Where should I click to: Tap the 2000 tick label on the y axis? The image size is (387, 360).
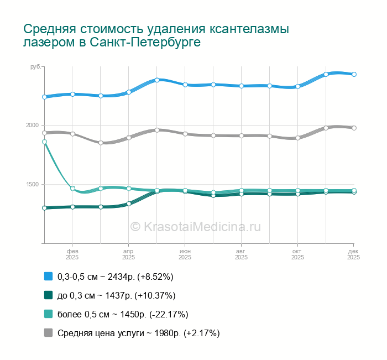(x=33, y=126)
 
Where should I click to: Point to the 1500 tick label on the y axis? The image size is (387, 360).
(x=33, y=184)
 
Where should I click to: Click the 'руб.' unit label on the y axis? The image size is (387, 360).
(x=35, y=67)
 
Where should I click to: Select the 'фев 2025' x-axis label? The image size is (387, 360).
(x=72, y=254)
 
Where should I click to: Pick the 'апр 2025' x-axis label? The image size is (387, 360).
(x=128, y=254)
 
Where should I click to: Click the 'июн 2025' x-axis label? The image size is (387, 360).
(x=185, y=254)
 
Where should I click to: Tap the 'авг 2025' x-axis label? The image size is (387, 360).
(x=241, y=254)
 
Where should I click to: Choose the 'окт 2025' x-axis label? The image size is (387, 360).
(x=297, y=254)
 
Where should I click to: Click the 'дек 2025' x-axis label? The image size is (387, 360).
(x=353, y=254)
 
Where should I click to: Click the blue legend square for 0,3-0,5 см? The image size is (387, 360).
(x=48, y=276)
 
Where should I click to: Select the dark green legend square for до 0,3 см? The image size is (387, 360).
(x=48, y=295)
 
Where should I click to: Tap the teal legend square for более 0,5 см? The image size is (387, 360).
(x=48, y=314)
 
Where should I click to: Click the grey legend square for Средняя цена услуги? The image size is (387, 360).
(x=48, y=333)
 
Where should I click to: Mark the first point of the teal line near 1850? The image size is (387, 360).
(x=44, y=142)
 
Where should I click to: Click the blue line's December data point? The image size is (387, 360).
(x=354, y=74)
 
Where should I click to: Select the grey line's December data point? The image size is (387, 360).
(x=354, y=128)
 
